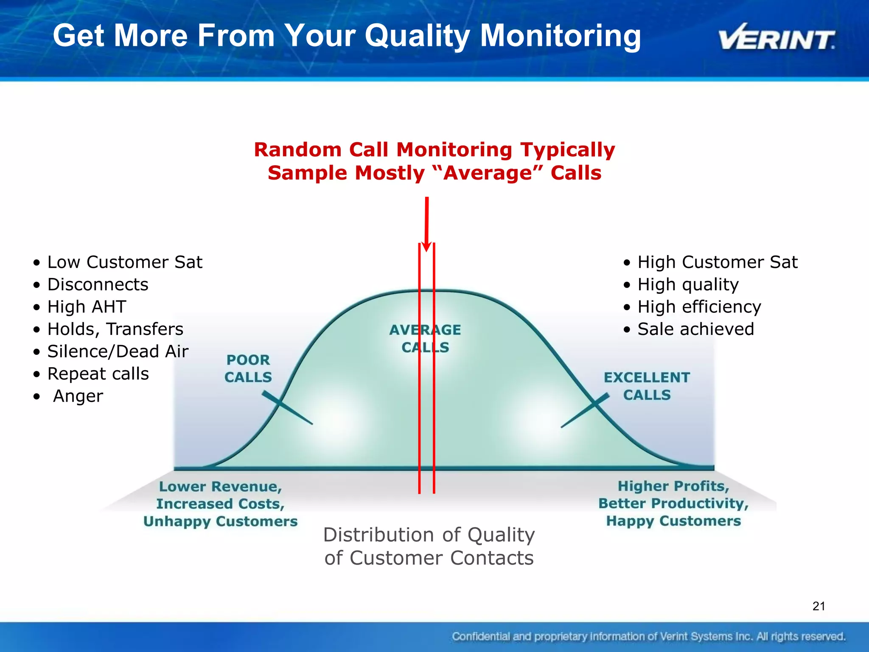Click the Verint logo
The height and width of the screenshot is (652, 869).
point(776,37)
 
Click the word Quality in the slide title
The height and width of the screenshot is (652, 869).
point(418,36)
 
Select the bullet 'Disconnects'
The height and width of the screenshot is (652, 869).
point(98,284)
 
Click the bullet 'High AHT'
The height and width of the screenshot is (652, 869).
point(87,307)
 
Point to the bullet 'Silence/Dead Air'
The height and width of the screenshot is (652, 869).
point(118,351)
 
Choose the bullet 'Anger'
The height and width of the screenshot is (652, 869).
point(78,396)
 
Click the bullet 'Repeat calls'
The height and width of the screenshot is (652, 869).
point(98,374)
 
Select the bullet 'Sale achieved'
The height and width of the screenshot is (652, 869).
point(695,329)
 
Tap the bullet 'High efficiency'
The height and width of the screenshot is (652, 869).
point(699,307)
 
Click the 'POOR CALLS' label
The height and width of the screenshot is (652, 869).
point(248,368)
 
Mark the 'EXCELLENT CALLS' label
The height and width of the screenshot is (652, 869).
point(647,386)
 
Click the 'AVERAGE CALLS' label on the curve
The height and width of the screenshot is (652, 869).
point(425,338)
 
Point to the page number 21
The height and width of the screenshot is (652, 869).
point(819,606)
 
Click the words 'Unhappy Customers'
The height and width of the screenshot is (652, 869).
point(221,521)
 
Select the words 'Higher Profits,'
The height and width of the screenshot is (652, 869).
point(673,486)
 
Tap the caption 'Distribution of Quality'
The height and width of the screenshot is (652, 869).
point(429,535)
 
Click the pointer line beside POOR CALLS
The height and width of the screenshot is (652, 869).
point(287,408)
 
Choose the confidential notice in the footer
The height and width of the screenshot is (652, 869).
point(648,636)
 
